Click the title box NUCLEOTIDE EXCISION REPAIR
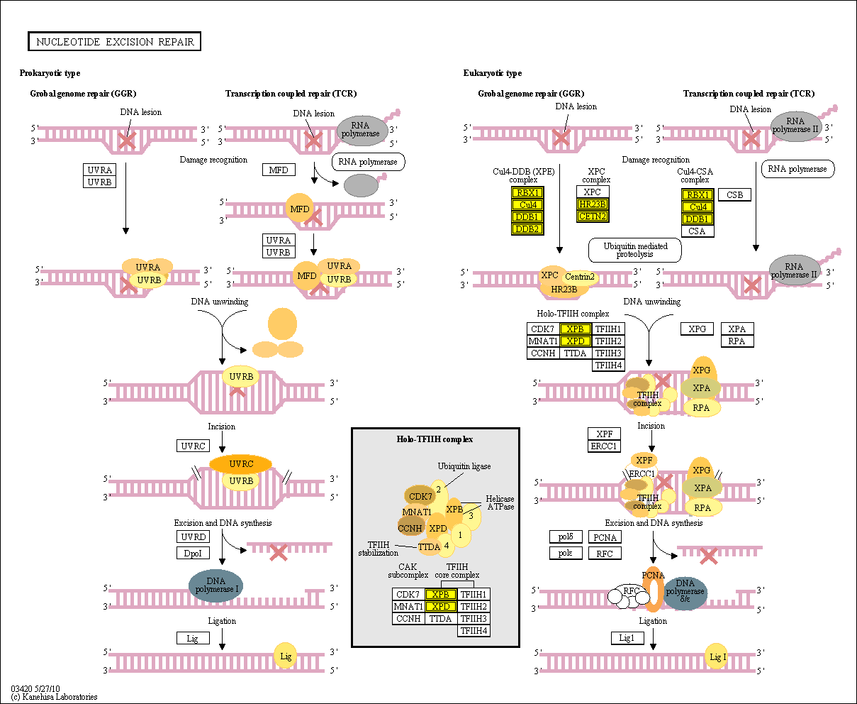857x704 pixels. pyautogui.click(x=115, y=42)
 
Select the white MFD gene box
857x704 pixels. pyautogui.click(x=279, y=170)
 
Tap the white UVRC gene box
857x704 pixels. pyautogui.click(x=194, y=446)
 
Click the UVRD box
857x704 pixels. pyautogui.click(x=194, y=537)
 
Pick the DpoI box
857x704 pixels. pyautogui.click(x=194, y=553)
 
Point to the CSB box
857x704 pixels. pyautogui.click(x=734, y=194)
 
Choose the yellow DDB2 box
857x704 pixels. pyautogui.click(x=527, y=229)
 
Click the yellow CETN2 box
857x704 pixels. pyautogui.click(x=593, y=216)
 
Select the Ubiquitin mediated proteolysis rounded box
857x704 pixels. pyautogui.click(x=634, y=250)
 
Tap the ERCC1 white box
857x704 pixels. pyautogui.click(x=604, y=446)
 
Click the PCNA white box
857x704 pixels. pyautogui.click(x=605, y=537)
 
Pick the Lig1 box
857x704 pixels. pyautogui.click(x=627, y=638)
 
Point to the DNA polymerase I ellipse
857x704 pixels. pyautogui.click(x=215, y=584)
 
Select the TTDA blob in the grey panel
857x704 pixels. pyautogui.click(x=430, y=546)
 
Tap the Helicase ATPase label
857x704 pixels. pyautogui.click(x=500, y=502)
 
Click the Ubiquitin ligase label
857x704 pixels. pyautogui.click(x=464, y=466)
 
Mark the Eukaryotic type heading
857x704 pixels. pyautogui.click(x=493, y=73)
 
